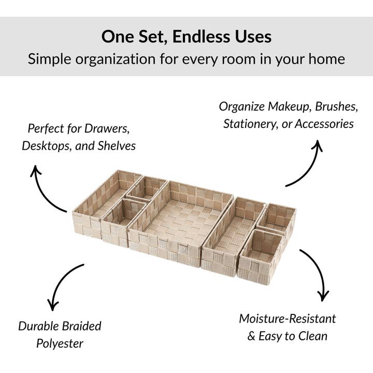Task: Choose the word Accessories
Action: pyautogui.click(x=326, y=124)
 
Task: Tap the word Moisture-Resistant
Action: pyautogui.click(x=288, y=318)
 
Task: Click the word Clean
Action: pyautogui.click(x=310, y=336)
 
